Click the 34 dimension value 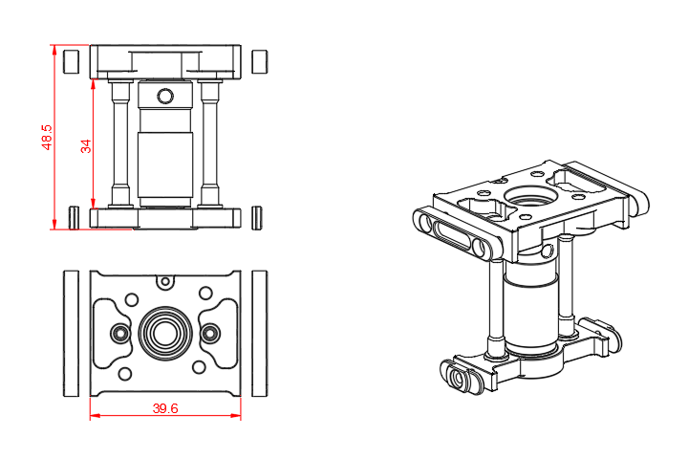85,145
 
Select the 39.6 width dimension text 165,408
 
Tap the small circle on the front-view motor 165,96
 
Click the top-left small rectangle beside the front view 69,61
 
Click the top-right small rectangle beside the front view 258,61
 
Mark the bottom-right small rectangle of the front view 257,217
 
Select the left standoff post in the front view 120,143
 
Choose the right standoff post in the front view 210,143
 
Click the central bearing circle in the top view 164,332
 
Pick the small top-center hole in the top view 165,281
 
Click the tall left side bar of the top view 70,332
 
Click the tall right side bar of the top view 259,332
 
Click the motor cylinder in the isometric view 528,306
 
